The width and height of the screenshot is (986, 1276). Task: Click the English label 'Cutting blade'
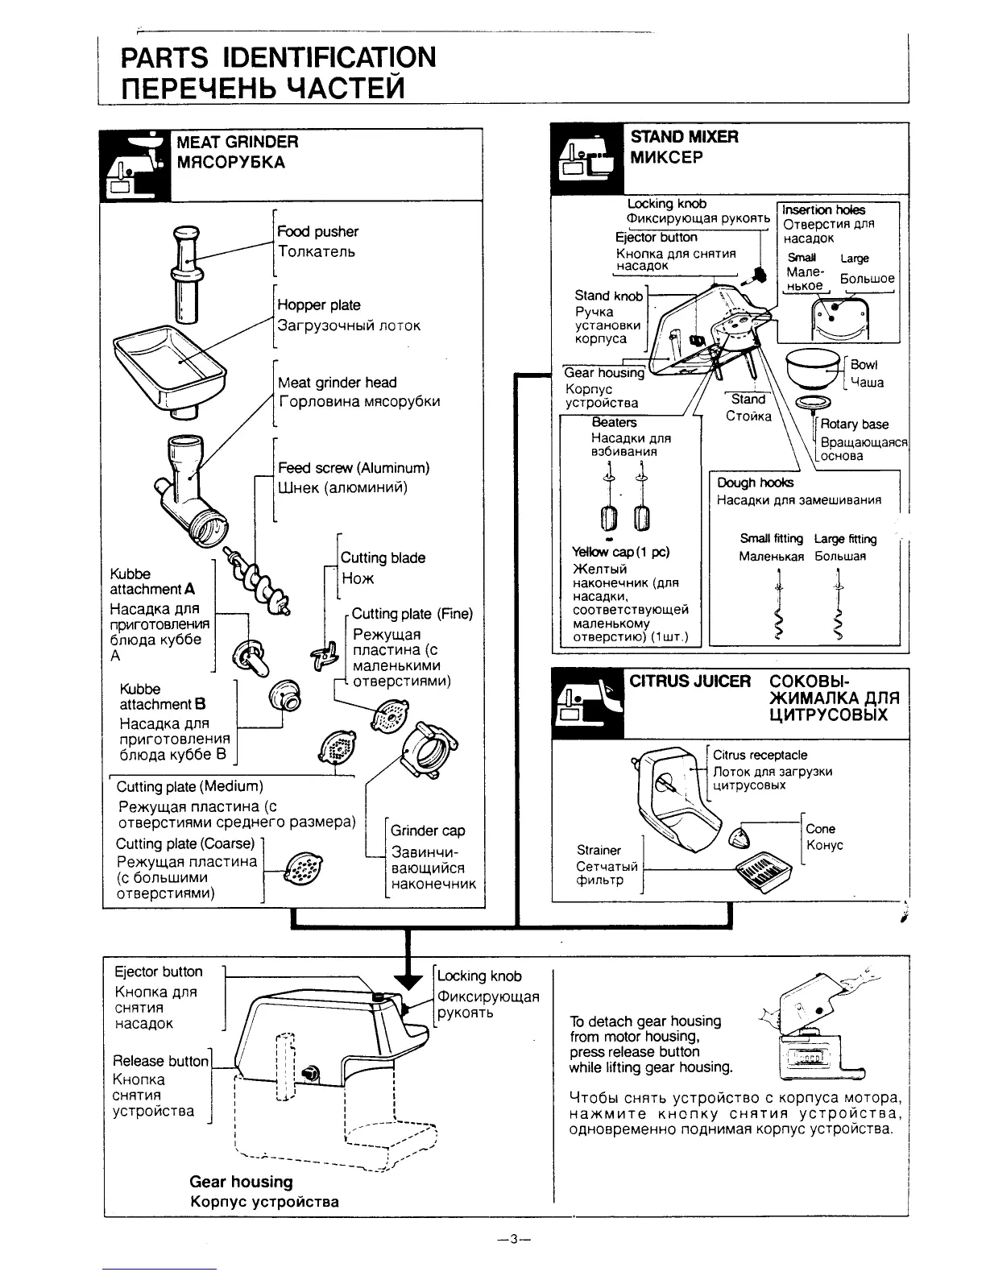click(383, 557)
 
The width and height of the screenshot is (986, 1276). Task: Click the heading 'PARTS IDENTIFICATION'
click(278, 57)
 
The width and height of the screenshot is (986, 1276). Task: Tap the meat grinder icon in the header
click(135, 164)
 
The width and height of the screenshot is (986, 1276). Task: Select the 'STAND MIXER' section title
click(684, 136)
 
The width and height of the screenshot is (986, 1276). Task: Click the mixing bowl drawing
click(814, 368)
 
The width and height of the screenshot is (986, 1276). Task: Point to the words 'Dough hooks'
click(755, 483)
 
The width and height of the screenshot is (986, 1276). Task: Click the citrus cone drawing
click(740, 837)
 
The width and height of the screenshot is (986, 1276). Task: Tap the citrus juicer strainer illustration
click(761, 871)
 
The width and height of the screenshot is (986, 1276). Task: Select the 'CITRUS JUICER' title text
click(690, 681)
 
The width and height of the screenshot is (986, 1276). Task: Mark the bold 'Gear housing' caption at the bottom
click(241, 1182)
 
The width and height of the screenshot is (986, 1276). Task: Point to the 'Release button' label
click(161, 1061)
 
